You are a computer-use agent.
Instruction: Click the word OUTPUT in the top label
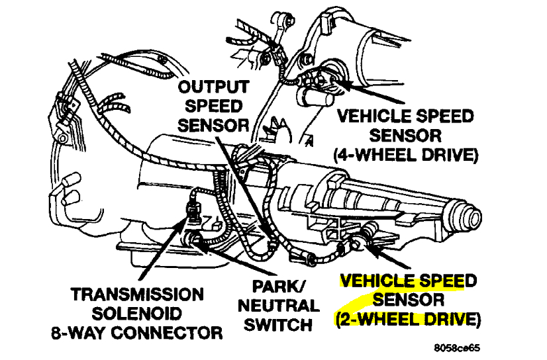(214, 87)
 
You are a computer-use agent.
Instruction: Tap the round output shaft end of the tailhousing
(472, 218)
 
